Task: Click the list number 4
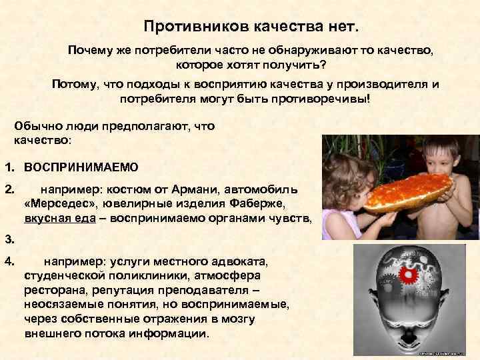pyautogui.click(x=8, y=261)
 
